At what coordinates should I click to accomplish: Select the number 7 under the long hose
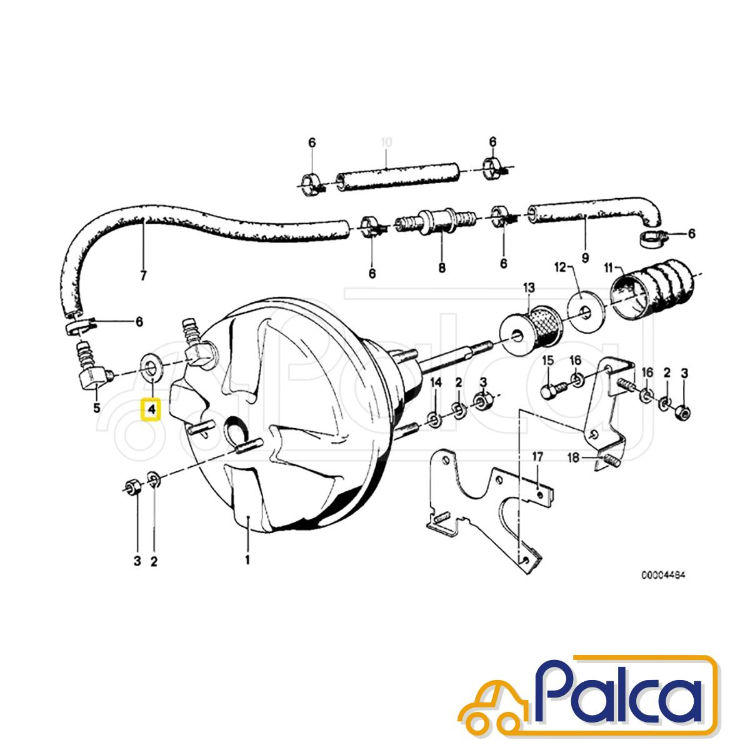point(143,276)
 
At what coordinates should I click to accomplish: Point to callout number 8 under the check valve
point(442,268)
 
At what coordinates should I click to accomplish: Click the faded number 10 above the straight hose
point(386,142)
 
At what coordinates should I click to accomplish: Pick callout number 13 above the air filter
point(529,288)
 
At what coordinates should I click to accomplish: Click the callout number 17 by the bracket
point(537,457)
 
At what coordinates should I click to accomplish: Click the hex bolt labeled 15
point(552,391)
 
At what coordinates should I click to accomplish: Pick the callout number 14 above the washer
point(436,382)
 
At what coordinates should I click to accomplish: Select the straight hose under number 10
point(397,177)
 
